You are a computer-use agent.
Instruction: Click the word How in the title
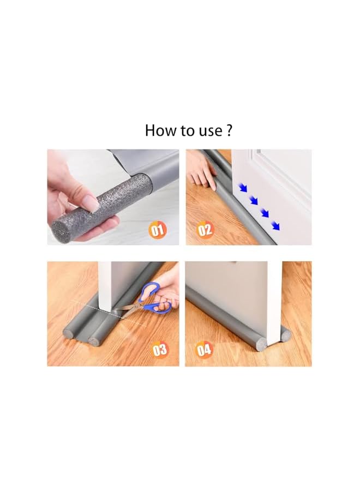click(x=158, y=131)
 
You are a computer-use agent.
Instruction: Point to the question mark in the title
click(x=230, y=131)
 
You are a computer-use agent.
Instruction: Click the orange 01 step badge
click(x=158, y=230)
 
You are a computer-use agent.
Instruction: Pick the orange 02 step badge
click(x=205, y=230)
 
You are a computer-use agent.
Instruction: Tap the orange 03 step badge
click(x=159, y=349)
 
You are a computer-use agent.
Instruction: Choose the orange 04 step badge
click(x=204, y=349)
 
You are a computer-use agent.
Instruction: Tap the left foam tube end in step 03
click(x=70, y=332)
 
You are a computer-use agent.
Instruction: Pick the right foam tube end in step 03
click(x=94, y=341)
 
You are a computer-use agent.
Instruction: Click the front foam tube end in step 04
click(x=261, y=344)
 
